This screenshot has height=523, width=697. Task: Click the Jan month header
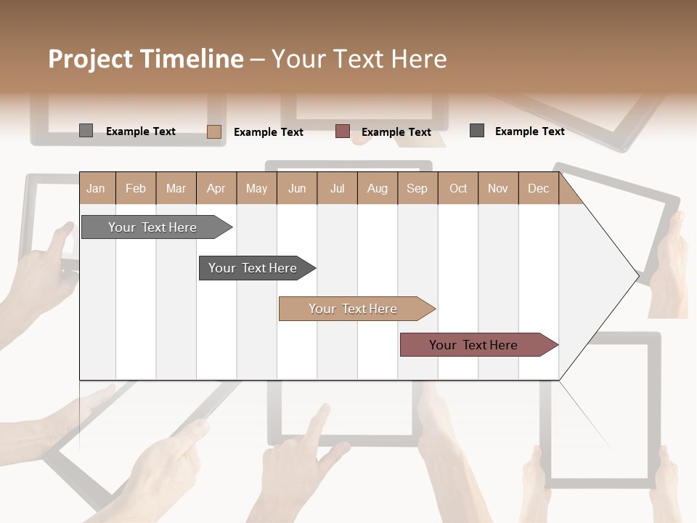point(97,188)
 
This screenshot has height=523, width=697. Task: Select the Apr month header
point(216,188)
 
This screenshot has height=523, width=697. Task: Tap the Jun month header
point(297,188)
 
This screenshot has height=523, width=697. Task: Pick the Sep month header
point(417,188)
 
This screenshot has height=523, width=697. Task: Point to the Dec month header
point(538,188)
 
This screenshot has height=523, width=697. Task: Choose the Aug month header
point(377,188)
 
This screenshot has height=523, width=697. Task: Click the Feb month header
point(136,188)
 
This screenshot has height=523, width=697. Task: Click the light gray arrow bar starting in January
point(153,227)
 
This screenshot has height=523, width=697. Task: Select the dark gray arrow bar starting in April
point(253,268)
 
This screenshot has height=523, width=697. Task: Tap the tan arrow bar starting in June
point(354,309)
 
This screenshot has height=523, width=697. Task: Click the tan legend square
point(213,131)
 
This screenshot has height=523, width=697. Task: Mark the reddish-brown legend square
point(343,131)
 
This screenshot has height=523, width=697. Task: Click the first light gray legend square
point(86,131)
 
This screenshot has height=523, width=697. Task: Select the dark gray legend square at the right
point(477,131)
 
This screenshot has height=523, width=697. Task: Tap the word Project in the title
point(90,59)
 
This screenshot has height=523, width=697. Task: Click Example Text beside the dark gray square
point(529,131)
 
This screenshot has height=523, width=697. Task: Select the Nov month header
point(497,188)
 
